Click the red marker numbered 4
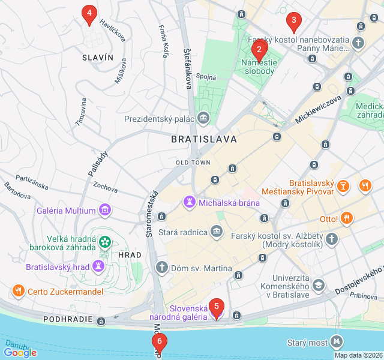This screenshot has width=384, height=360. [89, 13]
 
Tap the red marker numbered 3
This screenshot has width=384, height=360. [293, 21]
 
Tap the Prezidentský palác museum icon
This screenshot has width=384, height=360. [203, 118]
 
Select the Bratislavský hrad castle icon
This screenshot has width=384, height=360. [98, 266]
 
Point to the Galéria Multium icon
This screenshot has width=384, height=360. [106, 210]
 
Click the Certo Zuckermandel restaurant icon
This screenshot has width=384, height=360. [18, 291]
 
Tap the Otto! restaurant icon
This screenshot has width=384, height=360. [346, 218]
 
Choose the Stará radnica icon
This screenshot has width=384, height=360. [216, 232]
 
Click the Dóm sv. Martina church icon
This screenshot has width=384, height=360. [161, 268]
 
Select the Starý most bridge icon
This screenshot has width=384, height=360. [337, 342]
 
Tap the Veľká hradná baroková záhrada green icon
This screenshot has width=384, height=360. [106, 242]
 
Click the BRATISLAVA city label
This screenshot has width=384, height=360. [203, 139]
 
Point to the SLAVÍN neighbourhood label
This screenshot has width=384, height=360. [97, 57]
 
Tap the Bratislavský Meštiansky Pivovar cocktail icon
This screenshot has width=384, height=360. [342, 186]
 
